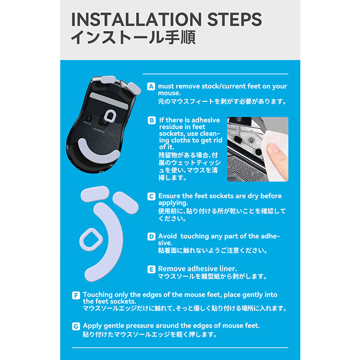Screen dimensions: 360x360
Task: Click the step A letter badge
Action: pyautogui.click(x=151, y=86)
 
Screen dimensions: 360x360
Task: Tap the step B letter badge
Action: pyautogui.click(x=152, y=120)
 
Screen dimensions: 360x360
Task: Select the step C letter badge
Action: pyautogui.click(x=151, y=196)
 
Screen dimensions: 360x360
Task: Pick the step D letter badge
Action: pyautogui.click(x=151, y=237)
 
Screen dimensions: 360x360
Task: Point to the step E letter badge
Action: pyautogui.click(x=151, y=269)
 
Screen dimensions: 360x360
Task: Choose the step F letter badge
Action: pyautogui.click(x=76, y=295)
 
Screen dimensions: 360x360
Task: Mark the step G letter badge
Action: pyautogui.click(x=76, y=326)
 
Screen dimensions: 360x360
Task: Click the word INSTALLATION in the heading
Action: pyautogui.click(x=136, y=20)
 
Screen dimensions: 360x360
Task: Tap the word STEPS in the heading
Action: pyautogui.click(x=235, y=20)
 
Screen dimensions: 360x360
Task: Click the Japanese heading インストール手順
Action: pyautogui.click(x=133, y=37)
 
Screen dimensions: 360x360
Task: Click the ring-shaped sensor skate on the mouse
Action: pyautogui.click(x=109, y=116)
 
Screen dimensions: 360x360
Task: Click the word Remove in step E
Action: pyautogui.click(x=171, y=268)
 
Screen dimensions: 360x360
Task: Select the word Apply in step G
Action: pyautogui.click(x=92, y=326)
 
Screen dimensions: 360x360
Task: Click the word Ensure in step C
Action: pyautogui.click(x=169, y=196)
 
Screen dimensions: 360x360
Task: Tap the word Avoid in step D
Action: pyautogui.click(x=167, y=236)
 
